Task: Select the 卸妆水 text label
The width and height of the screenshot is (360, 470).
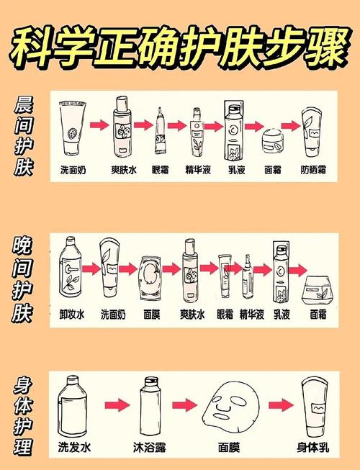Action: coord(71,315)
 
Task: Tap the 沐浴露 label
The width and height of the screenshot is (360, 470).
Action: coord(148,447)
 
